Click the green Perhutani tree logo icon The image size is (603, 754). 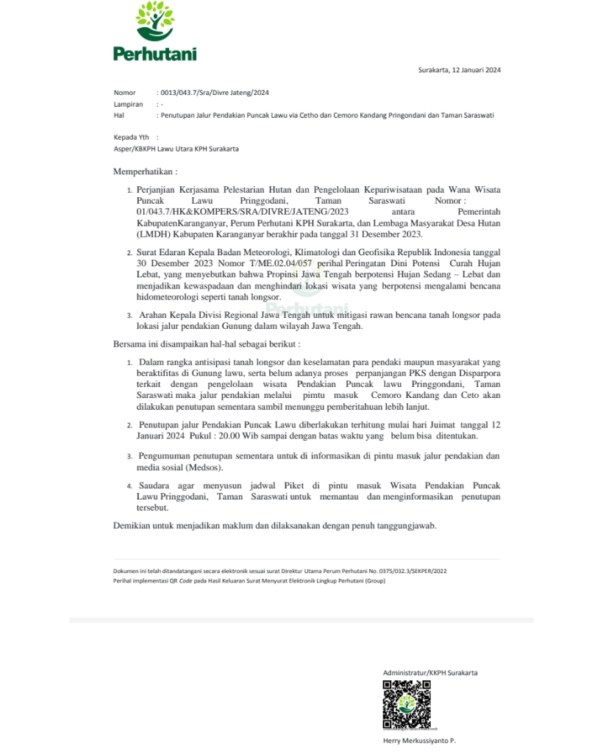[x=154, y=22]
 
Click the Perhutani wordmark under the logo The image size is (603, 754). [x=154, y=53]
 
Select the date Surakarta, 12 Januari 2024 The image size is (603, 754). [x=460, y=71]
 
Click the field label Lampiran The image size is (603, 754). [x=128, y=104]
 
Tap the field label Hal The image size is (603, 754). [x=118, y=115]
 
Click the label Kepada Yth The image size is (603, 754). [x=131, y=137]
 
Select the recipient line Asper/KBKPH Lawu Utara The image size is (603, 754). [x=176, y=149]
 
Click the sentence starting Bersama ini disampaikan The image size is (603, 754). [x=206, y=344]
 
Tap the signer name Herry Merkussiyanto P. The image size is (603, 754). [x=419, y=741]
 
